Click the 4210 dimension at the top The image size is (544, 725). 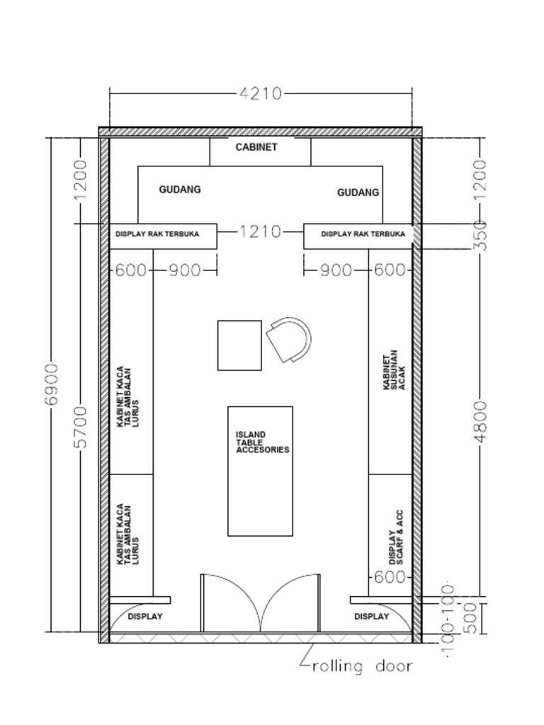coord(261,93)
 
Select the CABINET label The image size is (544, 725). coord(256,147)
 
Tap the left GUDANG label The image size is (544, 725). coord(179,190)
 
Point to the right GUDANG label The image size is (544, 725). coord(358,193)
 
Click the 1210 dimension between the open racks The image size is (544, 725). coord(260,232)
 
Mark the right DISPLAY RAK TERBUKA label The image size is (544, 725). coord(363,234)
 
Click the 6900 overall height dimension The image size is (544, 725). coord(51,384)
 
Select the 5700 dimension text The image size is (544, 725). coord(80,427)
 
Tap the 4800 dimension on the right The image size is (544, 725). coord(481,421)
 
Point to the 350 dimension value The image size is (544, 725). coord(481,236)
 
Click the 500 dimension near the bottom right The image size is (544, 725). coord(479,617)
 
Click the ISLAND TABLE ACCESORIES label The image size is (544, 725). coord(262,442)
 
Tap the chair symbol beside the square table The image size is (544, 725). coord(290,340)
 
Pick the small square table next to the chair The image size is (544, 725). coord(239,346)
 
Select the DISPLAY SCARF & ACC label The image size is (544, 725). coord(396,537)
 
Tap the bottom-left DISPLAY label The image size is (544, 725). coord(145,617)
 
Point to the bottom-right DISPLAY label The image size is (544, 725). coord(371,617)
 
